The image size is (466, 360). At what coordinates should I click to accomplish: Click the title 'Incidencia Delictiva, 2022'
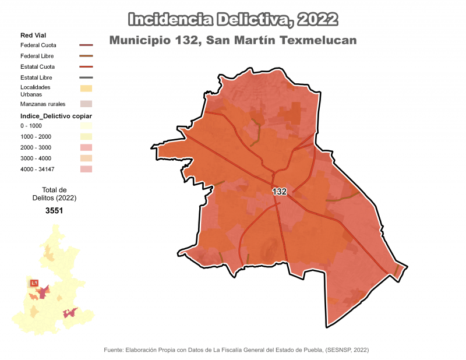click(x=232, y=20)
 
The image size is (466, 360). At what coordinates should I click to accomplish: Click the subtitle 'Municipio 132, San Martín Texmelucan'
click(x=232, y=41)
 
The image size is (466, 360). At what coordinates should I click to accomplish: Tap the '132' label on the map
click(x=280, y=192)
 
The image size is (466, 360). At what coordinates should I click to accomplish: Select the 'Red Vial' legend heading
click(x=33, y=36)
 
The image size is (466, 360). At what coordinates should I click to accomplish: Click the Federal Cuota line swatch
click(x=86, y=45)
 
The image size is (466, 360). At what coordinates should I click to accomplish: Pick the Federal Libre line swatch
click(x=86, y=56)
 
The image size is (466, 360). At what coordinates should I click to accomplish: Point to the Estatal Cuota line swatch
click(x=86, y=67)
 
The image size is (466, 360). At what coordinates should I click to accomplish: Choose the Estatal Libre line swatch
click(x=86, y=77)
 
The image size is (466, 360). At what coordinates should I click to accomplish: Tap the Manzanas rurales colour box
click(x=86, y=104)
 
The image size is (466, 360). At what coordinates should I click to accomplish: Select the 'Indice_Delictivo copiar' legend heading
click(x=56, y=116)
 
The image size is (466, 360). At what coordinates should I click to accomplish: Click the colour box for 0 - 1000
click(x=86, y=126)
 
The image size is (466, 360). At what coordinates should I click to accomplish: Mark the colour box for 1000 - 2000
click(x=86, y=136)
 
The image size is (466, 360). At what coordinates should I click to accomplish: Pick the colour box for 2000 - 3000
click(x=86, y=147)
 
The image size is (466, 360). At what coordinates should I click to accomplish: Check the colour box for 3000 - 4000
click(x=86, y=158)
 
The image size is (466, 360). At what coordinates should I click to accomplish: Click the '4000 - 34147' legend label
click(x=39, y=169)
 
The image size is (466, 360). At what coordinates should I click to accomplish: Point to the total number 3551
click(x=54, y=211)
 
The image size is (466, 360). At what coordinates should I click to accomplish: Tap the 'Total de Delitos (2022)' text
click(x=54, y=194)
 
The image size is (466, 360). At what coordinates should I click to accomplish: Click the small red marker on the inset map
click(x=34, y=283)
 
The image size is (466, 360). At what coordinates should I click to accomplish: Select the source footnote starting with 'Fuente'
click(x=236, y=350)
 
